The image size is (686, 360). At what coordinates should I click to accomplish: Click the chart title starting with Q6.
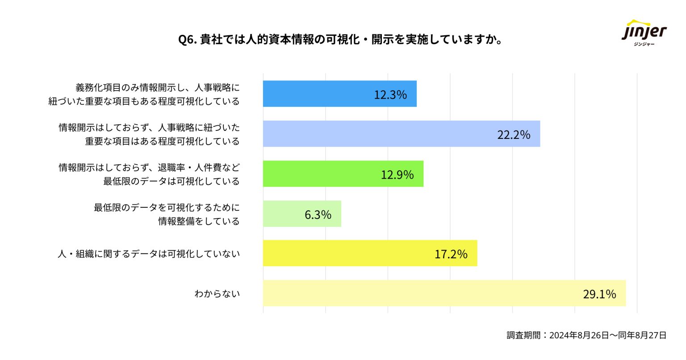[x=340, y=40]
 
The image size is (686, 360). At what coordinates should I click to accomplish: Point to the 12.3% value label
[x=390, y=95]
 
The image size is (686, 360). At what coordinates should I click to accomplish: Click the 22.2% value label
[x=514, y=134]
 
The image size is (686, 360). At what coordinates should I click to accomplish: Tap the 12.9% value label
[x=397, y=175]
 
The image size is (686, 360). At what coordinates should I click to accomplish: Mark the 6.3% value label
[x=318, y=215]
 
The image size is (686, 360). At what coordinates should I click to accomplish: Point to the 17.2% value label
[x=451, y=255]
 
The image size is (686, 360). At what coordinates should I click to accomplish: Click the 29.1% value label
[x=599, y=294]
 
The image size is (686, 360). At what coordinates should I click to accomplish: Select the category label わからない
[x=217, y=294]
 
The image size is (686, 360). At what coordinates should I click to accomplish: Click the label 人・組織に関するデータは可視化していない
[x=149, y=254]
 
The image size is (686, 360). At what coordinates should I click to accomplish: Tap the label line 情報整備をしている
[x=199, y=222]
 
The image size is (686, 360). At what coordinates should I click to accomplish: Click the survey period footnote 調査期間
[x=586, y=335]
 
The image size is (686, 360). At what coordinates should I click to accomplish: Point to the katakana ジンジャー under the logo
[x=644, y=44]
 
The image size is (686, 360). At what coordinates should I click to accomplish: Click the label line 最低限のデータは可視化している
[x=171, y=181]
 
